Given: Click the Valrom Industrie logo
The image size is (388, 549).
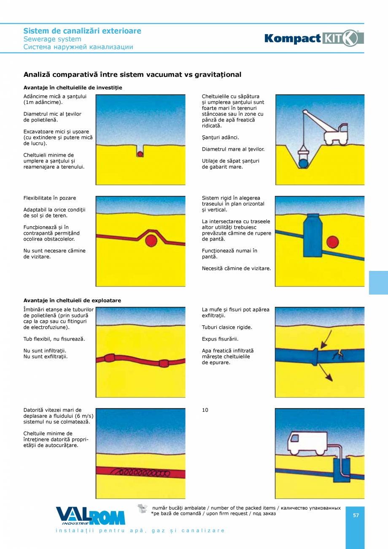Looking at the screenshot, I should [90, 516].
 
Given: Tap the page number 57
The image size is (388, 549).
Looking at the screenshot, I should [356, 515].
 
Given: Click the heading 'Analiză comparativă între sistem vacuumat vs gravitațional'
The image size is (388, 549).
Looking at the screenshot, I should [132, 75].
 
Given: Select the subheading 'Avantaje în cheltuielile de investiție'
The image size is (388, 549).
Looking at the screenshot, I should [73, 88].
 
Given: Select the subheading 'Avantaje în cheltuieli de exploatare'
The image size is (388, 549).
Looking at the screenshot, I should [72, 300].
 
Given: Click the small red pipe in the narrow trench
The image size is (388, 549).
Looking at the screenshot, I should [140, 154].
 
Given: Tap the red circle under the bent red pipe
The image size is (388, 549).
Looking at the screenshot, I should [151, 241].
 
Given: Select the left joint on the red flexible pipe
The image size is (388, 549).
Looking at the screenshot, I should [110, 358].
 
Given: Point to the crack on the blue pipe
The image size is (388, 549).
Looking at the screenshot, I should [337, 355].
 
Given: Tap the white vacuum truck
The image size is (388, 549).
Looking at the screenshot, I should [307, 443].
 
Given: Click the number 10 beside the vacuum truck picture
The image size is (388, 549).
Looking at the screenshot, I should [205, 410].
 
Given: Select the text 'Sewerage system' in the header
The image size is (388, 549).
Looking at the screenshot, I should [52, 39].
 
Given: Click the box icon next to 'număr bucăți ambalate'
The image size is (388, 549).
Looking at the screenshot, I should [143, 509].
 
